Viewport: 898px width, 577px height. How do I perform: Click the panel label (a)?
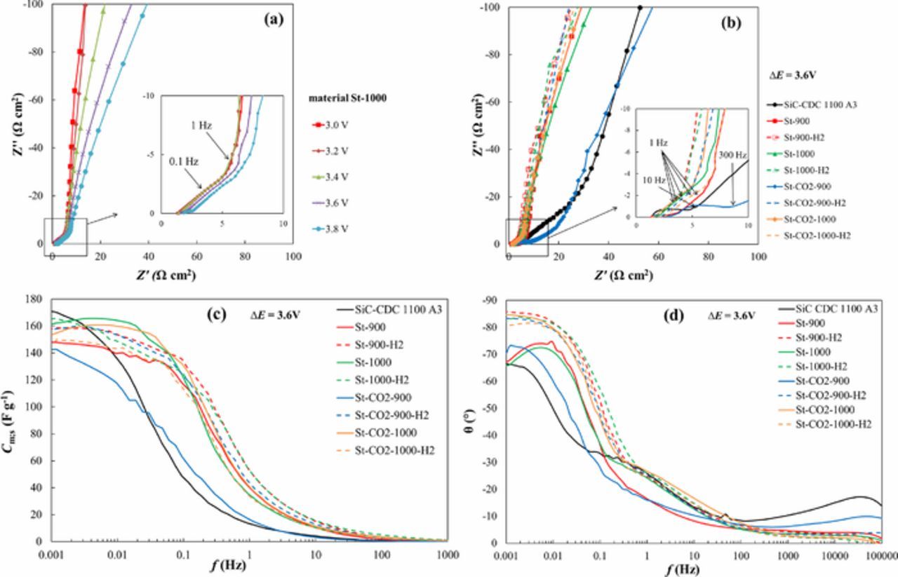click(273, 20)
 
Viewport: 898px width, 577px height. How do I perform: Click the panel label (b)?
click(733, 22)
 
